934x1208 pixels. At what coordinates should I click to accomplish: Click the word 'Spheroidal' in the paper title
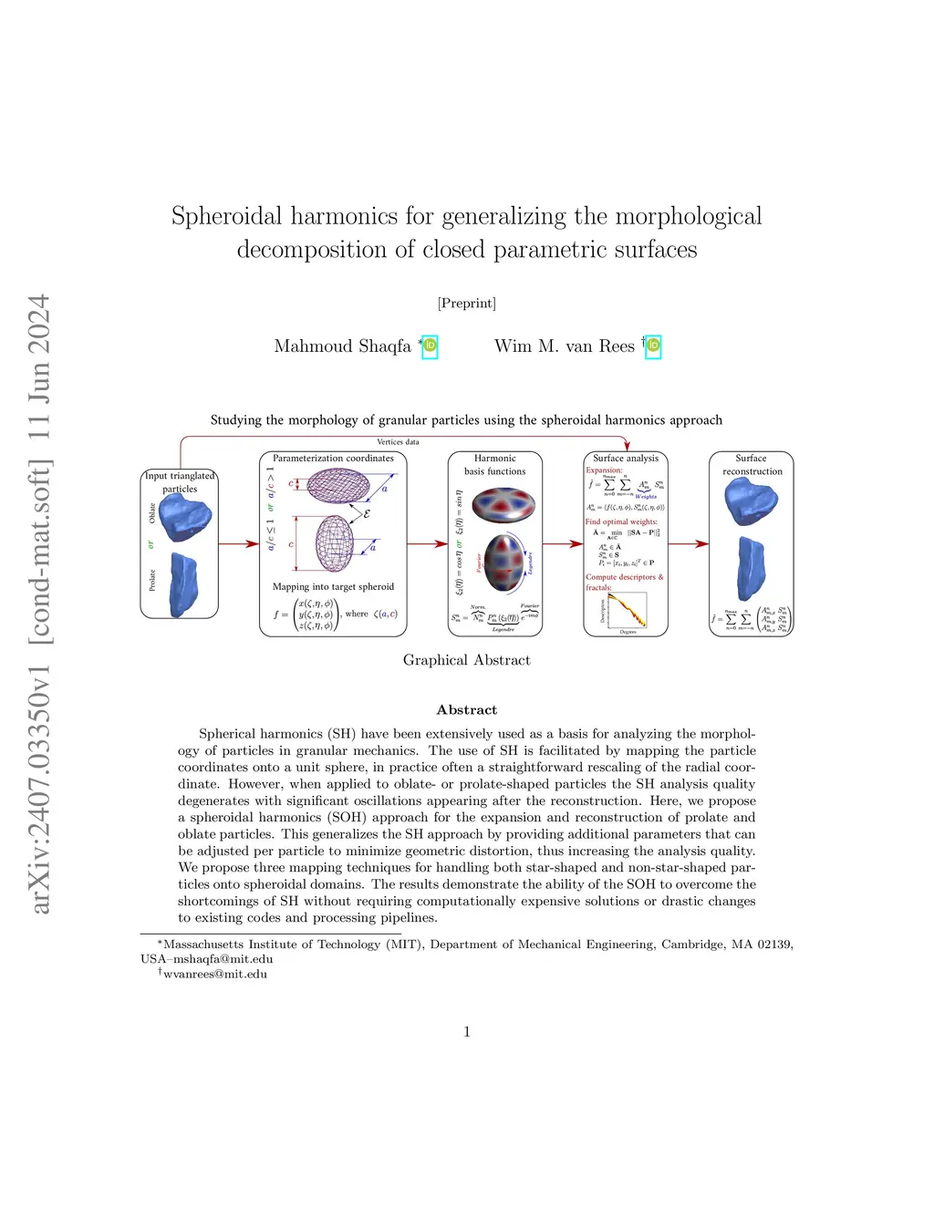click(227, 217)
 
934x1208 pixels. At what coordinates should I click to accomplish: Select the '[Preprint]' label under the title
click(466, 303)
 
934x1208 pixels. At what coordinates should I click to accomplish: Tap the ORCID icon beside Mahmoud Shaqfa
click(430, 347)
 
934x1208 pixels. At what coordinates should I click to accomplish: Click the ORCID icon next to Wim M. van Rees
click(653, 346)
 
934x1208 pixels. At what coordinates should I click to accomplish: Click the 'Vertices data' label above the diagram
click(398, 442)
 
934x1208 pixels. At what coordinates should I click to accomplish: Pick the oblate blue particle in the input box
click(186, 518)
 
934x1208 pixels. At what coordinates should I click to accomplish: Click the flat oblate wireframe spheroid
click(337, 485)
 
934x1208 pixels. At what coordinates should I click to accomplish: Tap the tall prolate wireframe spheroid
click(334, 544)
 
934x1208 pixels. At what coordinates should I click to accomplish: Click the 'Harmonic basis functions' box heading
click(495, 465)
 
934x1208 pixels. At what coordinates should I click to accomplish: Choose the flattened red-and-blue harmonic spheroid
click(503, 505)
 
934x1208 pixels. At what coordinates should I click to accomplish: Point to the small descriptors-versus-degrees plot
click(628, 611)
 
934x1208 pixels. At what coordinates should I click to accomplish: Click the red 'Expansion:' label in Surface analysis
click(604, 470)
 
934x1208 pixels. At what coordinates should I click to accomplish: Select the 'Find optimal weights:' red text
click(621, 522)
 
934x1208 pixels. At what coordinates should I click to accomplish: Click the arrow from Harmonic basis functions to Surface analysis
click(563, 544)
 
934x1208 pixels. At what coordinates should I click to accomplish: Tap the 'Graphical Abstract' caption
click(466, 660)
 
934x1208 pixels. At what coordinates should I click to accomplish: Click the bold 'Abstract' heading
click(466, 710)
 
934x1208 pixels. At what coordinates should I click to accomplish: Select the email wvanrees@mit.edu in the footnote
click(215, 975)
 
